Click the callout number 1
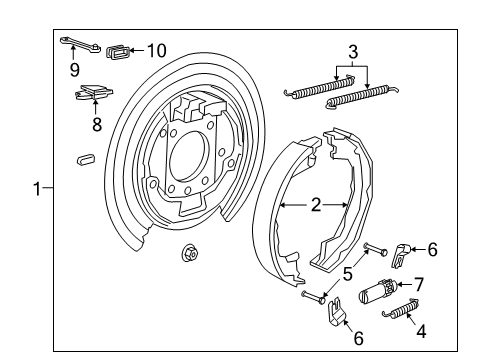pyautogui.click(x=37, y=187)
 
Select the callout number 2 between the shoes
pyautogui.click(x=315, y=205)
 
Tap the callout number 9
pyautogui.click(x=74, y=69)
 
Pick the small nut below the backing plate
pyautogui.click(x=186, y=253)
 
